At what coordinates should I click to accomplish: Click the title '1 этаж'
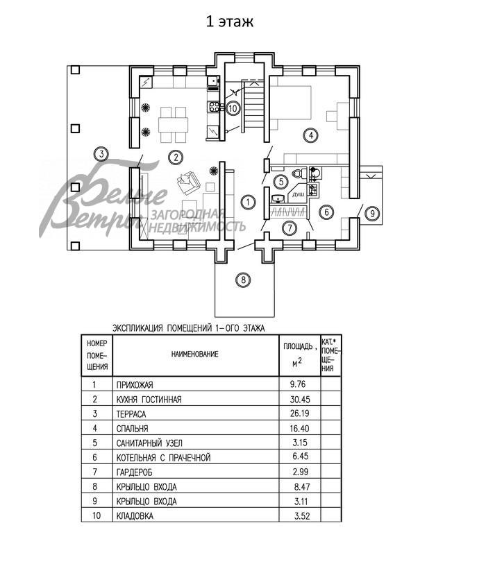coord(229,22)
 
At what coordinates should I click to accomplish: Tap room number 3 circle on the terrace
coord(101,154)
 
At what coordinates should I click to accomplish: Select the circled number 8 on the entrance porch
coord(242,280)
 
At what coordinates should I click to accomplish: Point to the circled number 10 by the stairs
coord(233,108)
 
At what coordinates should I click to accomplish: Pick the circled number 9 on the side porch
coord(372,213)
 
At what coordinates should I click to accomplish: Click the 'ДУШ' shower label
coord(299,196)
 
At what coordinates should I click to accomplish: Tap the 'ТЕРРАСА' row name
coord(133,413)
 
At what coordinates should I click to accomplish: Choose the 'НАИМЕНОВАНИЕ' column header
coord(195,354)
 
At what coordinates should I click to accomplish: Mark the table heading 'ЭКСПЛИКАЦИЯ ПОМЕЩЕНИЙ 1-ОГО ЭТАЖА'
coord(189,327)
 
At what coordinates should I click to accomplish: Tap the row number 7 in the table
coord(94,472)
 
